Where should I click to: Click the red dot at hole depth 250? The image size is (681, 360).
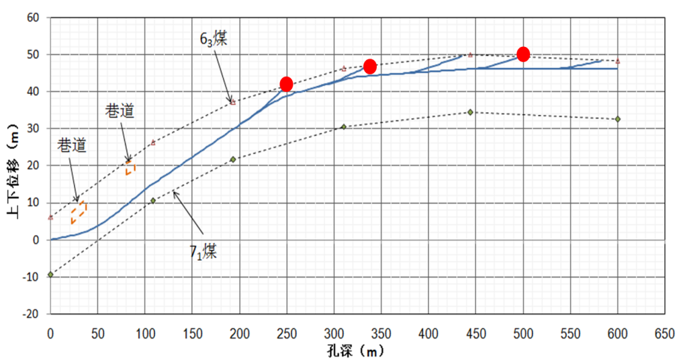287,84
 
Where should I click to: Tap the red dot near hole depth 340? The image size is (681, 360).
369,66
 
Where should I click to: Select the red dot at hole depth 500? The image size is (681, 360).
523,54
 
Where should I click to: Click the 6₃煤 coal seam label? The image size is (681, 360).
214,38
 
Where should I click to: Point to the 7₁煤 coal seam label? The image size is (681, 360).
202,253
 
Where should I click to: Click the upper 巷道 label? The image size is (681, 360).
120,110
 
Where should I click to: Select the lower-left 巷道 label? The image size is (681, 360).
72,144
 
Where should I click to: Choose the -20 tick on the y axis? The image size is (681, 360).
31,314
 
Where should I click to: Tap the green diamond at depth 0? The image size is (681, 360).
50,275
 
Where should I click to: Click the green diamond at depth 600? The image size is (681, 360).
617,119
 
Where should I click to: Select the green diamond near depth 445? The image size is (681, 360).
470,111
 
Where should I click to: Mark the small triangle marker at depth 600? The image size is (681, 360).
617,61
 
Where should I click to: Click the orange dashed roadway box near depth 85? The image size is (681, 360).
130,167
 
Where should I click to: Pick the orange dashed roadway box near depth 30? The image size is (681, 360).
79,211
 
